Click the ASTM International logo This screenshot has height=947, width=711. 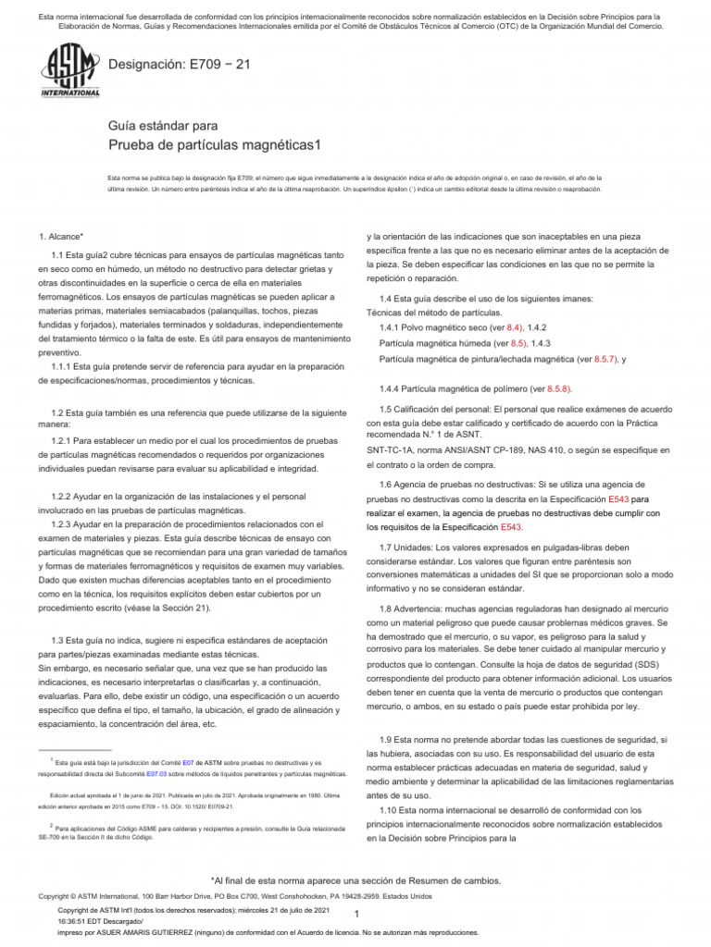click(70, 73)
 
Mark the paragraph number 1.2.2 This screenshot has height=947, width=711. click(66, 497)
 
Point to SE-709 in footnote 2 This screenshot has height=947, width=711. click(52, 836)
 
